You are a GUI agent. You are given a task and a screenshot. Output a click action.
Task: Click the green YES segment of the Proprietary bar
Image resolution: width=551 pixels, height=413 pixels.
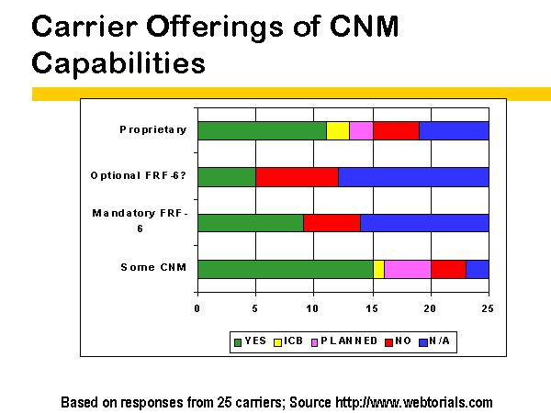coord(262,130)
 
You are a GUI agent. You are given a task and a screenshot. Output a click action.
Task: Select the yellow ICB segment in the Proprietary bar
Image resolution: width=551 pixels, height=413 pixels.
coord(338,130)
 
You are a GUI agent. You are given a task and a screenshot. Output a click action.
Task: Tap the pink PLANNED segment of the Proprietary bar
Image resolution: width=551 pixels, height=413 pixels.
coord(361,130)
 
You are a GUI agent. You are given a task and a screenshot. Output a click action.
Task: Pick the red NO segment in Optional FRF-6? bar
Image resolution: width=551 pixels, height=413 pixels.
coord(297,177)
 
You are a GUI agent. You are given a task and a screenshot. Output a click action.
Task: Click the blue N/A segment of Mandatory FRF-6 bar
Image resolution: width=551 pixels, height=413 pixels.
coord(424,223)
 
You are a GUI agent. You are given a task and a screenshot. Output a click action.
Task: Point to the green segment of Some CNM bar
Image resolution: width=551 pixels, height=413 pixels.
coord(286,269)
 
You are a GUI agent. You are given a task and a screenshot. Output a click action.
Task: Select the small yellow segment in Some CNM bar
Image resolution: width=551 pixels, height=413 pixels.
coord(378,269)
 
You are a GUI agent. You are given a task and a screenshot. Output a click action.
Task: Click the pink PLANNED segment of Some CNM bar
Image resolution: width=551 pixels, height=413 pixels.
coord(408,269)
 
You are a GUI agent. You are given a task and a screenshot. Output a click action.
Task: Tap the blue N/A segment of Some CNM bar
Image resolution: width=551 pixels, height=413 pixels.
coord(478,269)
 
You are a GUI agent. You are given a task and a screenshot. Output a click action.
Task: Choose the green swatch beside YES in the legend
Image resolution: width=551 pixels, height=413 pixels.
coord(238,342)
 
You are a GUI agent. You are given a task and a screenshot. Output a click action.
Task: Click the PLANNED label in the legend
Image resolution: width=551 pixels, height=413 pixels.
coord(349,341)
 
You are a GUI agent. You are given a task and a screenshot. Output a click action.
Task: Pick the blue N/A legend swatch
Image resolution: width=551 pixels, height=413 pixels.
coord(423,342)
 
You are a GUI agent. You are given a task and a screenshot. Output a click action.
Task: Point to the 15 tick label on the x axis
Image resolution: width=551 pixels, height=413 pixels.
coord(372,308)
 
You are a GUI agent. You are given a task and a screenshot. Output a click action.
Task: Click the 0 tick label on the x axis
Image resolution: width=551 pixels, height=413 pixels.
coord(197,308)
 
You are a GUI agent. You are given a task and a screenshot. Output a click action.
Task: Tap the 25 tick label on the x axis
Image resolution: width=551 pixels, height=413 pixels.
coord(488,308)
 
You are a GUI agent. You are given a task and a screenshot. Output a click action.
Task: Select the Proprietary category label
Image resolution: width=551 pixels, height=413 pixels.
coord(152,130)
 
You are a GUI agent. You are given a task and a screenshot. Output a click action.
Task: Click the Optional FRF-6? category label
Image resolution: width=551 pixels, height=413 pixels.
coord(138,175)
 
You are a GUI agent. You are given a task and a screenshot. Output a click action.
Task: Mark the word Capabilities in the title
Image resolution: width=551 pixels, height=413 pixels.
coord(118,63)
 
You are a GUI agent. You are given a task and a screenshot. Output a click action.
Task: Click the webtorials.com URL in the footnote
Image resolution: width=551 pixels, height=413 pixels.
coord(414,403)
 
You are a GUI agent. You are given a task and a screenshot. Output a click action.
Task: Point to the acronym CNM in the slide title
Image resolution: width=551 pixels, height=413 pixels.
coord(365,27)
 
